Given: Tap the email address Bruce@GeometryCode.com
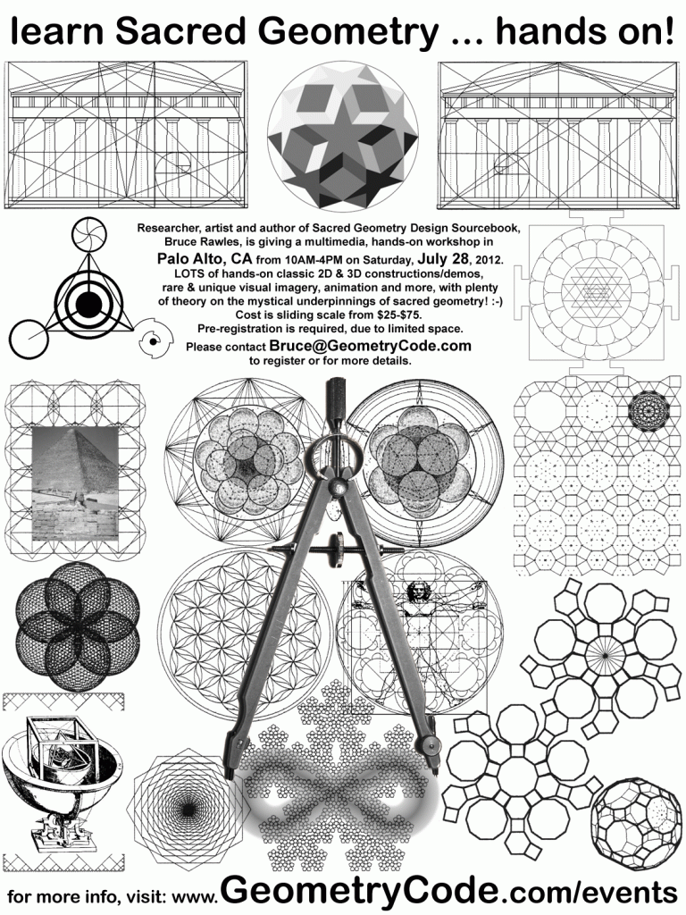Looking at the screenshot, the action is tap(370, 346).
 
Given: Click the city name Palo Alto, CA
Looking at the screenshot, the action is tap(205, 258).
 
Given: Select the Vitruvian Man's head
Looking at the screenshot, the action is tap(418, 592).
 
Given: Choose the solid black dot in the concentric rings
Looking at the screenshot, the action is tap(88, 302).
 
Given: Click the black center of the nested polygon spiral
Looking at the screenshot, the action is tap(188, 810).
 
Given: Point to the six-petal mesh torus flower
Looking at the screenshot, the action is tap(78, 625).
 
